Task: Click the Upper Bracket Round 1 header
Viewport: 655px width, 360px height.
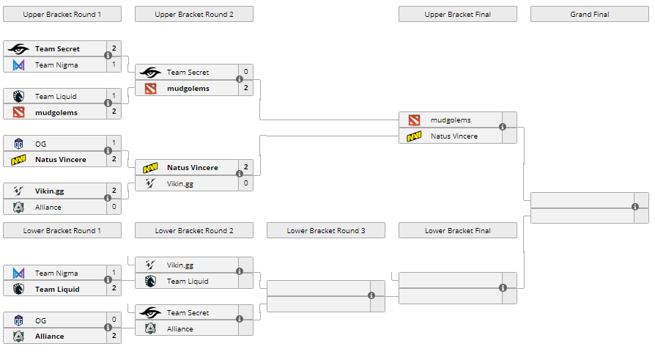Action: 62,14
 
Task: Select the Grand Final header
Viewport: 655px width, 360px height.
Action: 589,14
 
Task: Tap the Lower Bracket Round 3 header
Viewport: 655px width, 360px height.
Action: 325,231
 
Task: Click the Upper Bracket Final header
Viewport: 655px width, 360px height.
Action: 457,14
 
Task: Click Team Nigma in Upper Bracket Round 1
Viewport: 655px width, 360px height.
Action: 56,65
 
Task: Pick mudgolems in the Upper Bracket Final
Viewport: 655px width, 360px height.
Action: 451,120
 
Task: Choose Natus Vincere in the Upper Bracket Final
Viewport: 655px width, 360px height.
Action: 454,136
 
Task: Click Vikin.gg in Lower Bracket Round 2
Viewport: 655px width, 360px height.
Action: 180,265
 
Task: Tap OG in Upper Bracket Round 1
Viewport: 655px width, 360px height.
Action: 40,144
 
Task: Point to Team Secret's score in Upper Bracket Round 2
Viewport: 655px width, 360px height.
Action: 245,72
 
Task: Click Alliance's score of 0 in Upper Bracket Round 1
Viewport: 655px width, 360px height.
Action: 114,207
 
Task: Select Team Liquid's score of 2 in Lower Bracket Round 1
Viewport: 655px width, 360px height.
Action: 114,289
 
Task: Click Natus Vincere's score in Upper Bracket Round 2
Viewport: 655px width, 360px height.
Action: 245,167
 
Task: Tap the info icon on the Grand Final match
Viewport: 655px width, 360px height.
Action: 635,207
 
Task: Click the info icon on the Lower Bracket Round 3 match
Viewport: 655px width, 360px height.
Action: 371,295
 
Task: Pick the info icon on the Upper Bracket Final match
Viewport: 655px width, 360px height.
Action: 503,127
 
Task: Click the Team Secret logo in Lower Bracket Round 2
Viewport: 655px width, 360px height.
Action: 150,313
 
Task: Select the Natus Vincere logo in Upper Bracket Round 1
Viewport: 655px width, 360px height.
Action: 18,160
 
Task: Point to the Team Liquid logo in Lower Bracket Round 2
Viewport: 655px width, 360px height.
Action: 150,282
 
